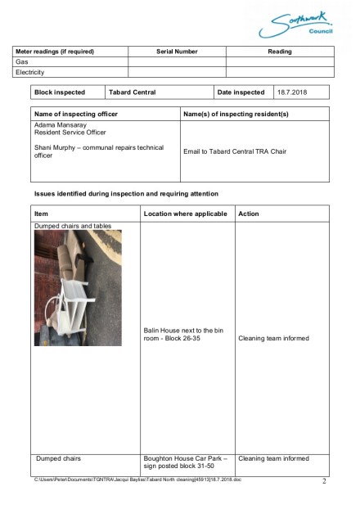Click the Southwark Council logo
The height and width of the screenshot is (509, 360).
point(296,23)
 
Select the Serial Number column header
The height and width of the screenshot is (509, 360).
point(177,52)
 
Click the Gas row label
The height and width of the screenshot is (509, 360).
point(21,61)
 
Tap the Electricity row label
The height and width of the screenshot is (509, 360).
point(30,72)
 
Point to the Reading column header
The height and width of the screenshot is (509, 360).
point(280,52)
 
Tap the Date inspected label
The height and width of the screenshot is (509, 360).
point(241,92)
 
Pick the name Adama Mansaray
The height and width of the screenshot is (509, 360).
point(58,124)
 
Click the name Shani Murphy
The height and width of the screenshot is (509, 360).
point(56,146)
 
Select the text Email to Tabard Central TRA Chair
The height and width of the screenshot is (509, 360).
point(234,151)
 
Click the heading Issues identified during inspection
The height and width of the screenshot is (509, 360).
point(125,194)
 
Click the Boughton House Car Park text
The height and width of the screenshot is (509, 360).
point(185,458)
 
